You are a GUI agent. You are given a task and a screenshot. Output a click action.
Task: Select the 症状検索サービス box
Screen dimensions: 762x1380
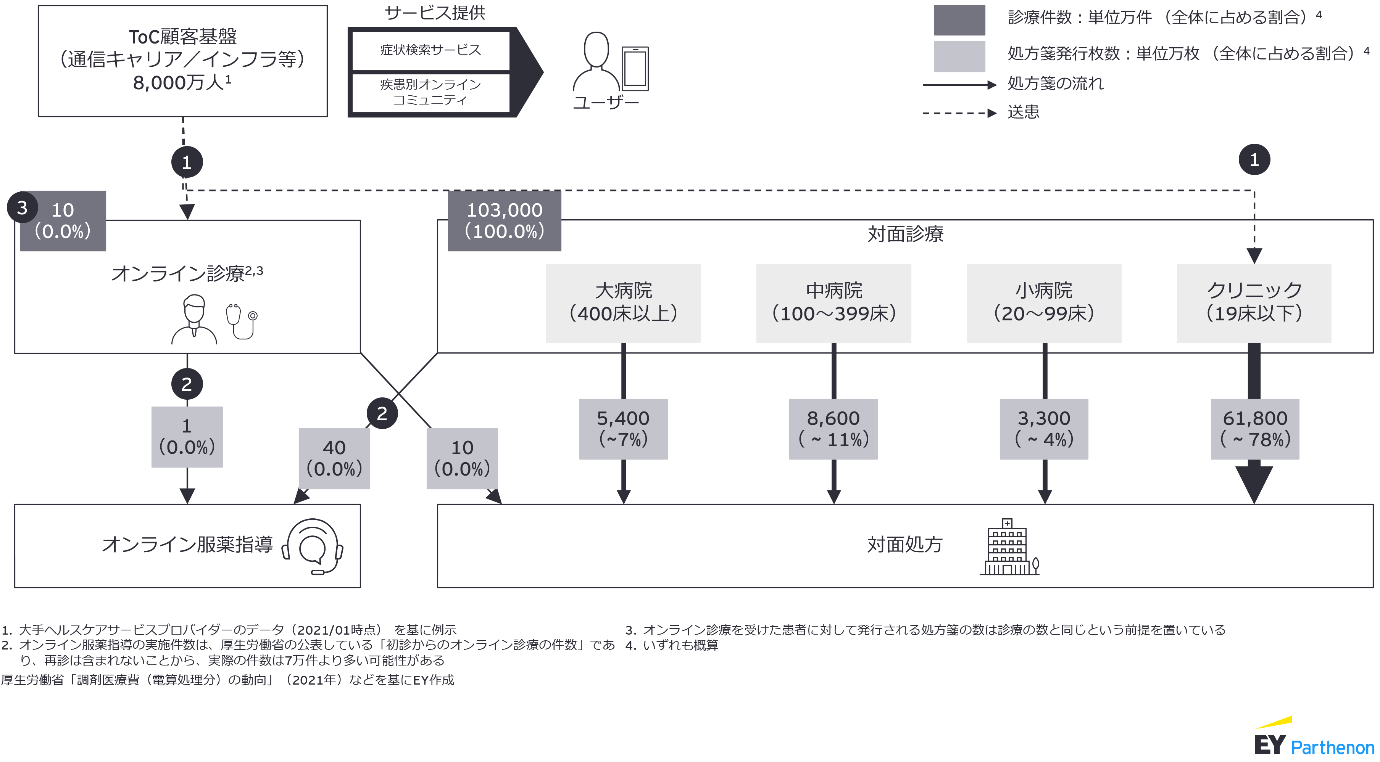431,50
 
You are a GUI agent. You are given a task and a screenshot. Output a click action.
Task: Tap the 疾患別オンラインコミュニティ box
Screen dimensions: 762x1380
431,92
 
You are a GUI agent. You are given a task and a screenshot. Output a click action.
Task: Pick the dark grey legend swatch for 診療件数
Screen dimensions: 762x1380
959,20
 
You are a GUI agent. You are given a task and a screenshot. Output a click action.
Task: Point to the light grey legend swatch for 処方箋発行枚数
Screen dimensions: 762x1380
959,56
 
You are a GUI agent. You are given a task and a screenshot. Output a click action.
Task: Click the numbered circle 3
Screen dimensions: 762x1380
22,208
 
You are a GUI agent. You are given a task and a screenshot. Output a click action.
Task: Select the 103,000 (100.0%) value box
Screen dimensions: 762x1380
504,220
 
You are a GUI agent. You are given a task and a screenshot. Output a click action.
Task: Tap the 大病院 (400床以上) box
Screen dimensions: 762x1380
623,303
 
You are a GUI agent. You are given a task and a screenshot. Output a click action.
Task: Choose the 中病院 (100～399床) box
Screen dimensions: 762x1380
833,303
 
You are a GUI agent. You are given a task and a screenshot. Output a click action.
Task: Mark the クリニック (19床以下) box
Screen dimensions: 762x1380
1254,303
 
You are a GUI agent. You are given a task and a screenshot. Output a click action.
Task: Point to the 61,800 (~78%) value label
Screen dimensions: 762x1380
1255,429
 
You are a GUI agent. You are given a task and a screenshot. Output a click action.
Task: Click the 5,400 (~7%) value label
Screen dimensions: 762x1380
623,429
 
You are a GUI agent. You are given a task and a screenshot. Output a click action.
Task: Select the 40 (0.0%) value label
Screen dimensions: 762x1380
334,458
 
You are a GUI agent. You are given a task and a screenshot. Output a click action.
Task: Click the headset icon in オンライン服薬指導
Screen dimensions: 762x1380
313,546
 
